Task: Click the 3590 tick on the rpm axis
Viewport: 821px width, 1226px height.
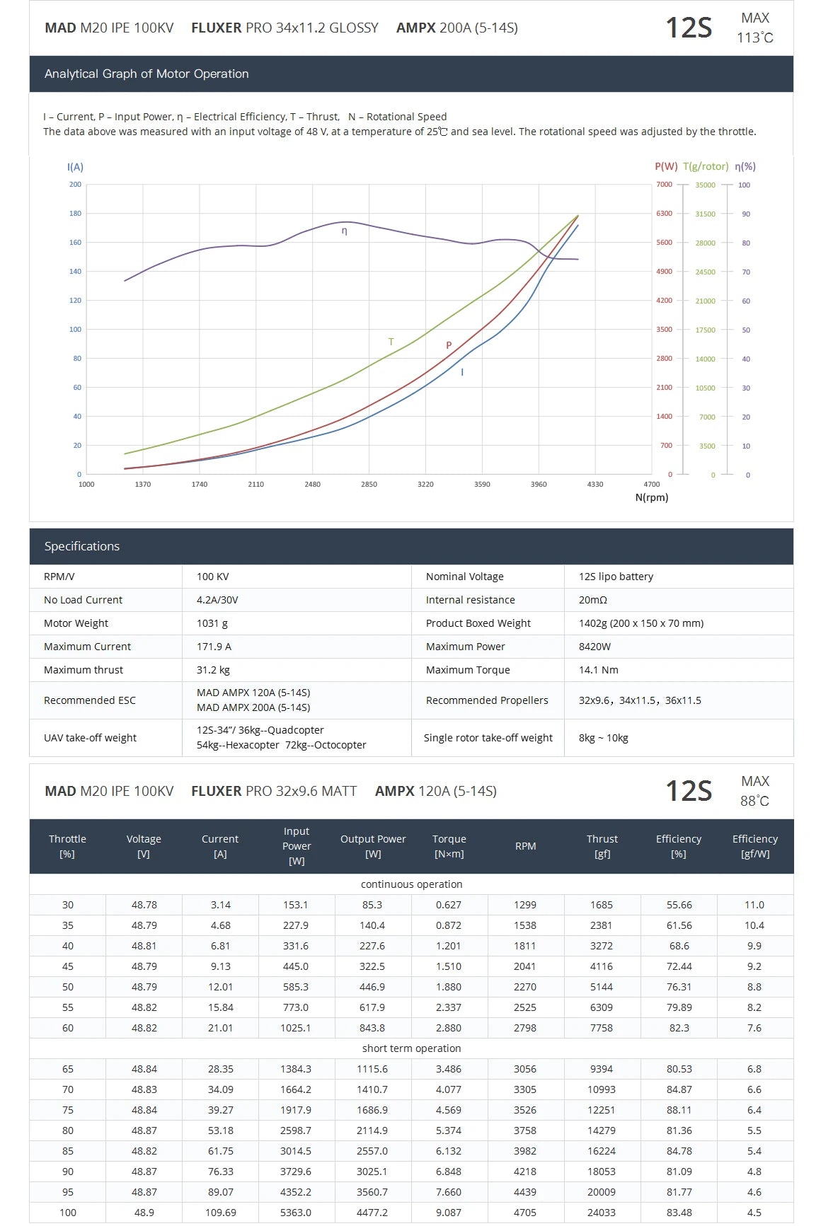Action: pyautogui.click(x=482, y=485)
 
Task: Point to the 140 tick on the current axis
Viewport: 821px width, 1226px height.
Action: pyautogui.click(x=75, y=272)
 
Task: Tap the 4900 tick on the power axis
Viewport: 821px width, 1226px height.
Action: pyautogui.click(x=664, y=272)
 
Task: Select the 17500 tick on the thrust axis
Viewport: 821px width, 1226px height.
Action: pyautogui.click(x=705, y=330)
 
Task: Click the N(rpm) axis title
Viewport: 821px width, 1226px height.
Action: pyautogui.click(x=651, y=497)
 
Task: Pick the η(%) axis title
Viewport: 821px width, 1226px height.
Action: pyautogui.click(x=745, y=167)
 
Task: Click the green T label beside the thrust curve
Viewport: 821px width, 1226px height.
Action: pyautogui.click(x=391, y=342)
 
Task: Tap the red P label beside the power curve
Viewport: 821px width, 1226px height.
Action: pyautogui.click(x=449, y=346)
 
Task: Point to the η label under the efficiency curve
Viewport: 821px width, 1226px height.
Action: pyautogui.click(x=345, y=231)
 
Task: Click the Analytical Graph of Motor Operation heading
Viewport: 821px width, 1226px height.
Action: pyautogui.click(x=147, y=74)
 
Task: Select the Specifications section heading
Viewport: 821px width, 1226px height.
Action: pyautogui.click(x=82, y=546)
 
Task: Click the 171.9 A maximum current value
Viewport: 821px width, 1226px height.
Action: pyautogui.click(x=214, y=647)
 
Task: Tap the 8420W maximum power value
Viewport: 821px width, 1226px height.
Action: pyautogui.click(x=595, y=647)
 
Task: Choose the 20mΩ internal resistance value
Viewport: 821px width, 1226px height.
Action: pyautogui.click(x=592, y=600)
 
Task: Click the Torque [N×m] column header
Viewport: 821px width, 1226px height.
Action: pyautogui.click(x=449, y=846)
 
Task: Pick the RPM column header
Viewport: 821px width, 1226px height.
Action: pyautogui.click(x=525, y=846)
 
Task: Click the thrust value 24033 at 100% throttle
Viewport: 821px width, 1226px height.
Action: pyautogui.click(x=602, y=1213)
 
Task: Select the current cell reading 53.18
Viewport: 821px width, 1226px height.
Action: pyautogui.click(x=220, y=1130)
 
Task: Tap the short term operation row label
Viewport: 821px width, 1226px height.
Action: pyautogui.click(x=411, y=1048)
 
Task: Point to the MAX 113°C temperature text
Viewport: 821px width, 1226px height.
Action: pyautogui.click(x=754, y=28)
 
